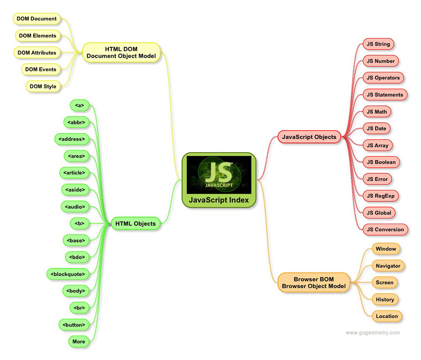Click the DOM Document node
coord(36,19)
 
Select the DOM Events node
coord(41,69)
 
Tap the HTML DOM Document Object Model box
coord(121,52)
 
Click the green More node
coord(79,341)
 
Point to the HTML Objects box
coord(135,224)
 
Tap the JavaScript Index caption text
coord(219,200)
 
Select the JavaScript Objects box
coord(309,137)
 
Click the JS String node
coord(378,44)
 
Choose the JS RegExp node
coord(383,196)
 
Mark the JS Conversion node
coord(385,229)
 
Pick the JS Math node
coord(377,111)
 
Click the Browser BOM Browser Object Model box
coord(313,282)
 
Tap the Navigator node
coord(388,266)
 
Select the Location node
coord(387,316)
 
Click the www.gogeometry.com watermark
coord(372,333)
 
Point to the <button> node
coord(73,324)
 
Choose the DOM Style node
coord(43,86)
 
